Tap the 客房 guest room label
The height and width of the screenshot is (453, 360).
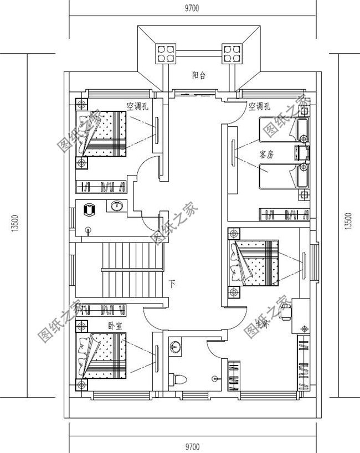tap(266, 155)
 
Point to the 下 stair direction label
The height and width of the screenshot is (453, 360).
tap(173, 285)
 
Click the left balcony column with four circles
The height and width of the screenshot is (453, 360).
tap(165, 54)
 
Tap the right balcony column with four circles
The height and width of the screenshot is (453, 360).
tap(232, 54)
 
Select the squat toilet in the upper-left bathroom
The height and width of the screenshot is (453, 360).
tap(89, 210)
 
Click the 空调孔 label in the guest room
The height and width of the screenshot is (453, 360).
tap(259, 106)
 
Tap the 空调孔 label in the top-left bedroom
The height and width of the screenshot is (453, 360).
tap(137, 106)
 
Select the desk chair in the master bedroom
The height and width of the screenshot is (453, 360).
tap(286, 314)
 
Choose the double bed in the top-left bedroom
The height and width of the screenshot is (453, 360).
tap(104, 133)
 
